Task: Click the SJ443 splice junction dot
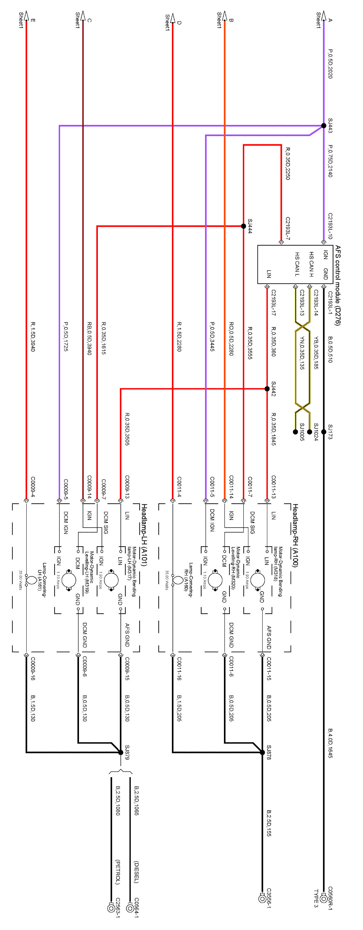tap(324, 126)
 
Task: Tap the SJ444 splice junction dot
tap(243, 226)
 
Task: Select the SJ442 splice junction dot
tap(267, 389)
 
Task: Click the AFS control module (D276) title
tap(338, 285)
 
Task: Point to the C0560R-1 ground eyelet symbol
tap(324, 899)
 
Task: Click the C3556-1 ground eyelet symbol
tap(262, 899)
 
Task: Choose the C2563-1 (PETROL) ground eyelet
tap(111, 908)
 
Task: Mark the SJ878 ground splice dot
tap(262, 752)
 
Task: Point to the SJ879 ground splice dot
tap(121, 752)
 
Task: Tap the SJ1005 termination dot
tap(295, 432)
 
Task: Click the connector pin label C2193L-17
tap(273, 303)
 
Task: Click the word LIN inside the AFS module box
tap(269, 274)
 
